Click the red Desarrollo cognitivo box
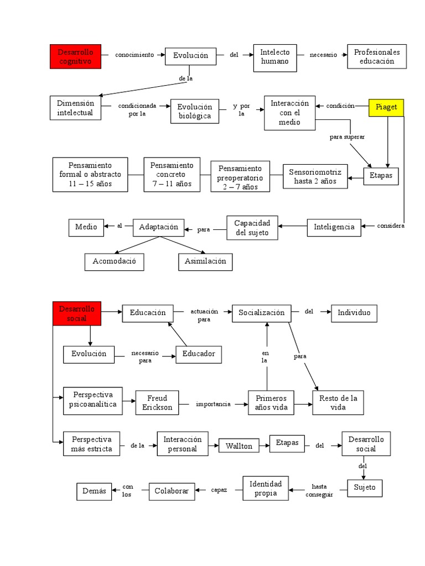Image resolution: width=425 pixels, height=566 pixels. point(75,57)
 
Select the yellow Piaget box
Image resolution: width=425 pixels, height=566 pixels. point(386,107)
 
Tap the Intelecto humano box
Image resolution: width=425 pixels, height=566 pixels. point(274,57)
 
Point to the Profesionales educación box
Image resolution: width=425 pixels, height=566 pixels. point(376,57)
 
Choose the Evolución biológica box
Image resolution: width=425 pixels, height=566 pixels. point(195,112)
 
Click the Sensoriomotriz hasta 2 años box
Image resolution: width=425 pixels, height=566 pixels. point(315,176)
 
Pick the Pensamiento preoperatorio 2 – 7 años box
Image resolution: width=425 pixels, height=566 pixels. point(240,177)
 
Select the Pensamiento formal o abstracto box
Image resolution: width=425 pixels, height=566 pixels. point(90,174)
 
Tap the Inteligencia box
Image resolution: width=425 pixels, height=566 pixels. point(334,227)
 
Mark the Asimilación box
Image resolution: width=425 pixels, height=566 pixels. point(205,261)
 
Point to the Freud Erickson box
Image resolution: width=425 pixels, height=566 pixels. point(158,403)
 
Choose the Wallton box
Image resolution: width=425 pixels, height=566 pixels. point(239,446)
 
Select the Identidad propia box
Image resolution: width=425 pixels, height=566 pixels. point(266,488)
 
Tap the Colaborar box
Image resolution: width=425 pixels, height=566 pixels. point(171,491)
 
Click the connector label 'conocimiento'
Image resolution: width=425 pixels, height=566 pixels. point(134,55)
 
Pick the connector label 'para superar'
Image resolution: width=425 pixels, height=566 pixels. point(347,137)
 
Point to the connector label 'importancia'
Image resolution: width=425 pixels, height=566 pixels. point(213,404)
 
